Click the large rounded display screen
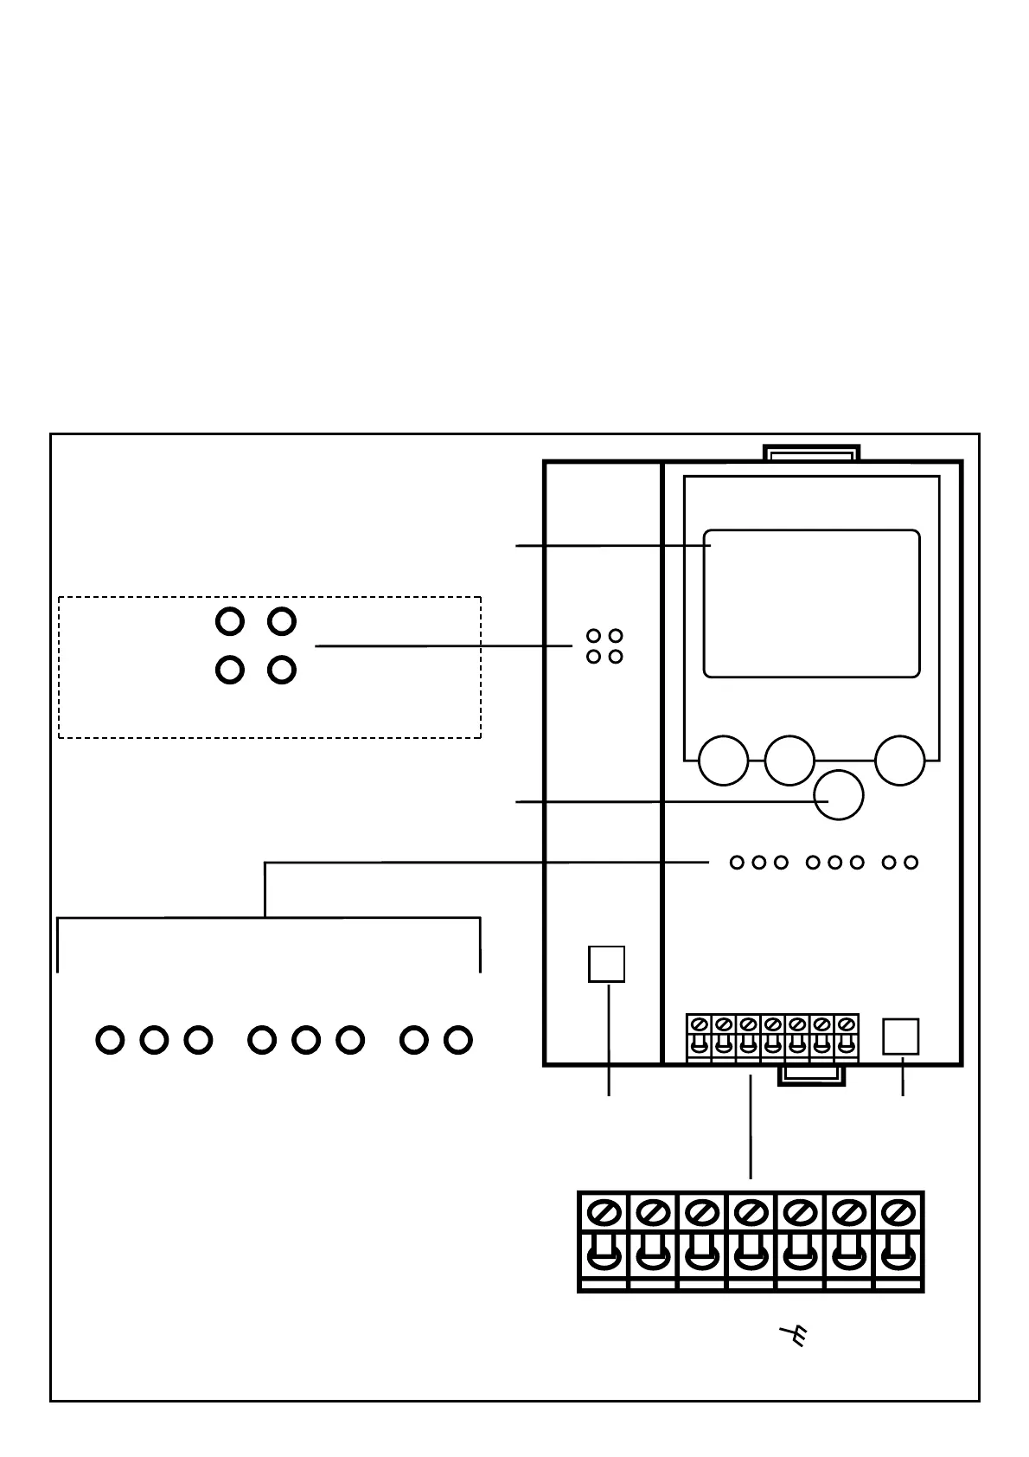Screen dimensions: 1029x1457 click(811, 603)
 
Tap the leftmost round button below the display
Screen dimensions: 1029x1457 click(723, 761)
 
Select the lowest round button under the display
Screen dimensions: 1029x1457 click(839, 794)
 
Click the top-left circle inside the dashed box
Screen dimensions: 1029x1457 click(229, 621)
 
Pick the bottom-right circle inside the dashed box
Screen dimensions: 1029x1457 click(282, 670)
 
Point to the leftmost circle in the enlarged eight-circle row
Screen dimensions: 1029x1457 click(110, 1039)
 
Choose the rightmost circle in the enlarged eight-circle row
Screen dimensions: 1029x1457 click(457, 1039)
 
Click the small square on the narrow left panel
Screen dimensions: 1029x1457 click(606, 964)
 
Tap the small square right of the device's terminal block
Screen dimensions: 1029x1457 click(900, 1037)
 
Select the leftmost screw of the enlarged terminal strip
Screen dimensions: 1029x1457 click(603, 1212)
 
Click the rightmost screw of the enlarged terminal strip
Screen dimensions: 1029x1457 click(898, 1212)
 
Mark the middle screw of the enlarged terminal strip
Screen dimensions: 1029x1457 click(751, 1212)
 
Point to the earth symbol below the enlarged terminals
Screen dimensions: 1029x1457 click(793, 1337)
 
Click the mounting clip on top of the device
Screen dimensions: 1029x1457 click(811, 453)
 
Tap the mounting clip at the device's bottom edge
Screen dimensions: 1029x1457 click(810, 1075)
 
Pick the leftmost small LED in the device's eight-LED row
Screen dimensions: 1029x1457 click(737, 863)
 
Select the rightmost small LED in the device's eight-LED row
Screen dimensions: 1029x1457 click(911, 863)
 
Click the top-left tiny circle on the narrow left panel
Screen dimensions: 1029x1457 click(593, 636)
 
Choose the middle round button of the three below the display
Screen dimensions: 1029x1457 click(789, 761)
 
